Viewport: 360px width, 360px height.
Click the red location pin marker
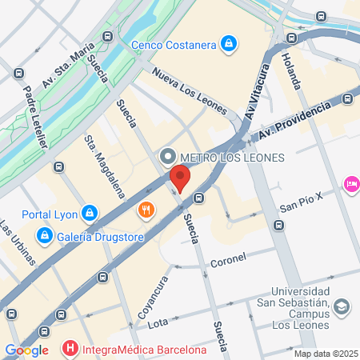(x=181, y=178)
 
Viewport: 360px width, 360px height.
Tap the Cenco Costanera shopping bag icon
(x=230, y=43)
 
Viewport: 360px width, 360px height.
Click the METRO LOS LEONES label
(x=233, y=157)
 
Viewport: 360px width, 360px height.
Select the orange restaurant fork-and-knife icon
(x=146, y=210)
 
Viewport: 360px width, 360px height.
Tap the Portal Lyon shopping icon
(x=90, y=214)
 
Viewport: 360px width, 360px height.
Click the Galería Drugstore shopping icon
(x=44, y=235)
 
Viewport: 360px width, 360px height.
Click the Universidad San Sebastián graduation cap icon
(x=342, y=306)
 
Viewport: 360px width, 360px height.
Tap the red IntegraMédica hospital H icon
(x=70, y=349)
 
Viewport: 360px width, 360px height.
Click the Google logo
(x=26, y=350)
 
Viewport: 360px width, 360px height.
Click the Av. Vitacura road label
(x=254, y=102)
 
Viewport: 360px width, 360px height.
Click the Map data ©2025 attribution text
(x=326, y=354)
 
